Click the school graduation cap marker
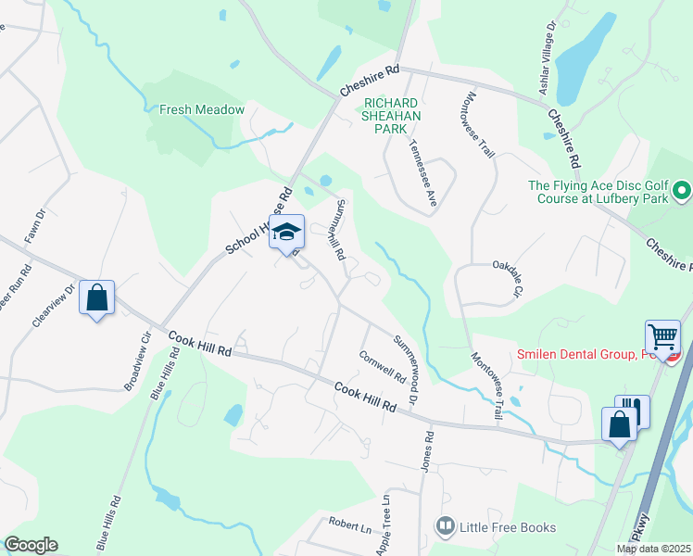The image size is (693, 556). point(287,231)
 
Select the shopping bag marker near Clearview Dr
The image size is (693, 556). point(96,297)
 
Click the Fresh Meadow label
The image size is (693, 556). point(202,109)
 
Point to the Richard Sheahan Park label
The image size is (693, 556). point(392,116)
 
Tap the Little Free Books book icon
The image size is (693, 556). point(446,527)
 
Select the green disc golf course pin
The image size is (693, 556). point(682,192)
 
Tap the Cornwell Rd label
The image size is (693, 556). point(382,365)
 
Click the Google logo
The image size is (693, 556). point(31,545)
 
